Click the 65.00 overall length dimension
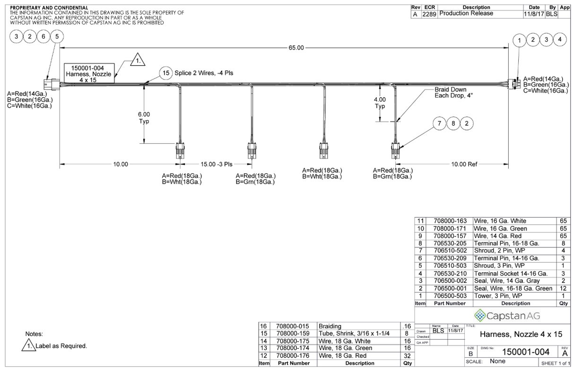pyautogui.click(x=296, y=48)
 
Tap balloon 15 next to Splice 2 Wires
pyautogui.click(x=165, y=73)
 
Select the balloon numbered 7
pyautogui.click(x=439, y=123)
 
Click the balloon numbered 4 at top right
pyautogui.click(x=560, y=40)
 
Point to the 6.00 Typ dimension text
pyautogui.click(x=144, y=117)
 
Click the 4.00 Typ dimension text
pyautogui.click(x=380, y=103)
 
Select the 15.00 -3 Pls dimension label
pyautogui.click(x=217, y=164)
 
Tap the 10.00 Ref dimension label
pyautogui.click(x=465, y=164)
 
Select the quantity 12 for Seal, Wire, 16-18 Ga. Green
pyautogui.click(x=563, y=288)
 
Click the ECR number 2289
pyautogui.click(x=429, y=14)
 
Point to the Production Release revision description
pyautogui.click(x=466, y=14)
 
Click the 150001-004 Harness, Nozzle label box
pyautogui.click(x=88, y=74)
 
